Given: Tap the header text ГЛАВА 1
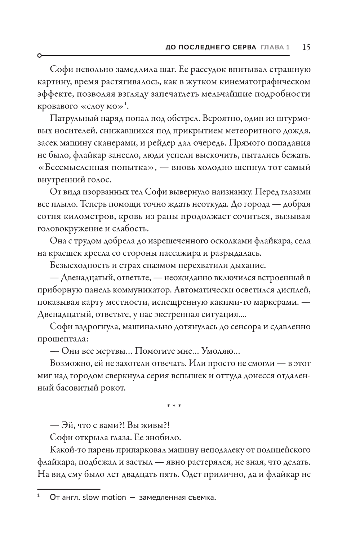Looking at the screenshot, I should (275, 48).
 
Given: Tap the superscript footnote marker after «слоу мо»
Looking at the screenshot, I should (126, 105).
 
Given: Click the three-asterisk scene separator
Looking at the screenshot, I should (174, 406).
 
